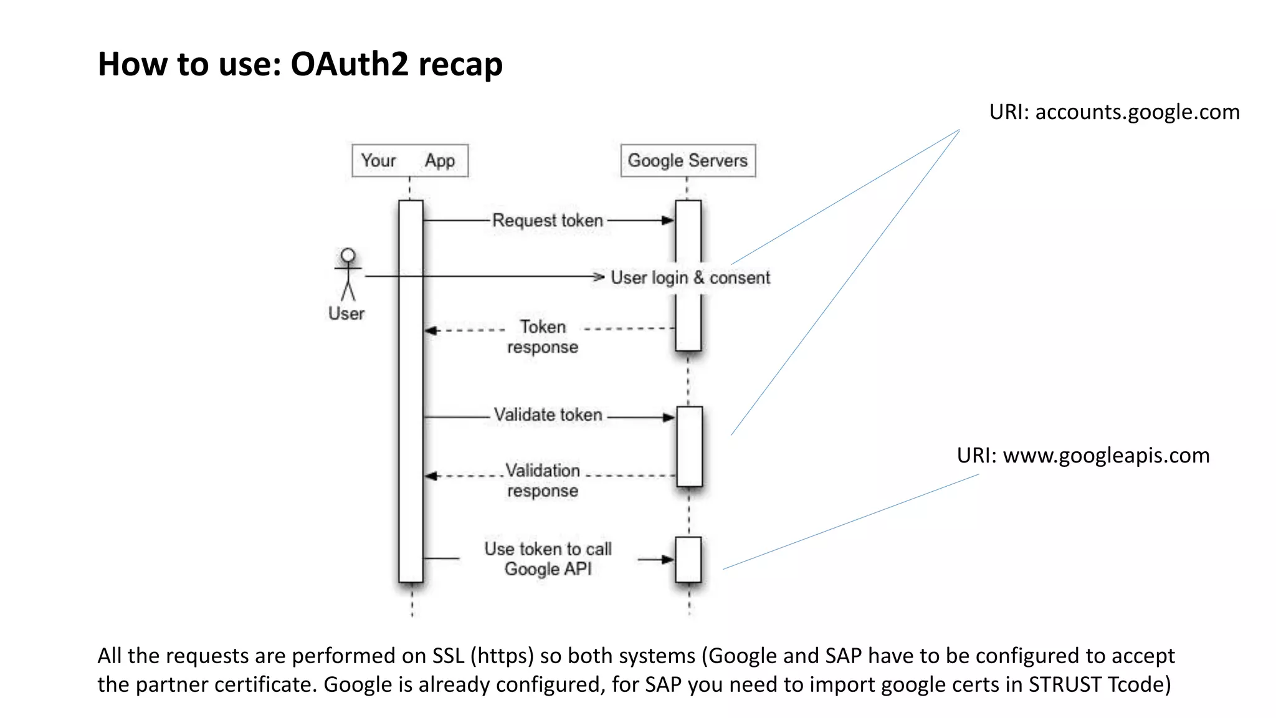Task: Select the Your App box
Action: click(x=409, y=161)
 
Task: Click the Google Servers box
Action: click(x=688, y=161)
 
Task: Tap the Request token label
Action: click(x=547, y=221)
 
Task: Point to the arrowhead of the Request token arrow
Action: click(x=668, y=221)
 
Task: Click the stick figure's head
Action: click(x=348, y=256)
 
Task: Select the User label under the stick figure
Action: click(x=346, y=314)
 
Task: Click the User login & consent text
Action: click(x=690, y=277)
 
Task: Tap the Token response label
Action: click(x=543, y=337)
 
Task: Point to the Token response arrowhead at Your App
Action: click(x=430, y=330)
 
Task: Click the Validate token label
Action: click(x=548, y=415)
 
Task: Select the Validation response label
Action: click(x=543, y=480)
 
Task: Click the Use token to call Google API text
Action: click(x=548, y=558)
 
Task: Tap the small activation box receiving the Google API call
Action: click(x=688, y=559)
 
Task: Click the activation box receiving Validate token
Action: click(x=689, y=446)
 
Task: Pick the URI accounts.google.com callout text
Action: click(x=1114, y=112)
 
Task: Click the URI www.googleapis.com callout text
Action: click(x=1083, y=456)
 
